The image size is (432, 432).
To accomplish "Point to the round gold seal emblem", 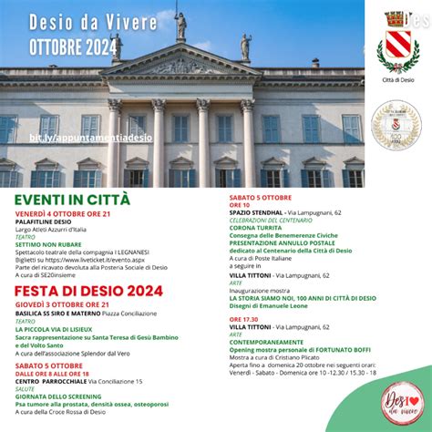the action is pyautogui.click(x=395, y=125).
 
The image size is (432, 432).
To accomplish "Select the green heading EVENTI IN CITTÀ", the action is pyautogui.click(x=73, y=200).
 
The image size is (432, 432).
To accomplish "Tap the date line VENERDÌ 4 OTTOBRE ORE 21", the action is pyautogui.click(x=61, y=213).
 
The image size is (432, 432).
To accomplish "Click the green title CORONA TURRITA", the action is pyautogui.click(x=255, y=227).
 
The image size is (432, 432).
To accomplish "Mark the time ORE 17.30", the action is pyautogui.click(x=242, y=319).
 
